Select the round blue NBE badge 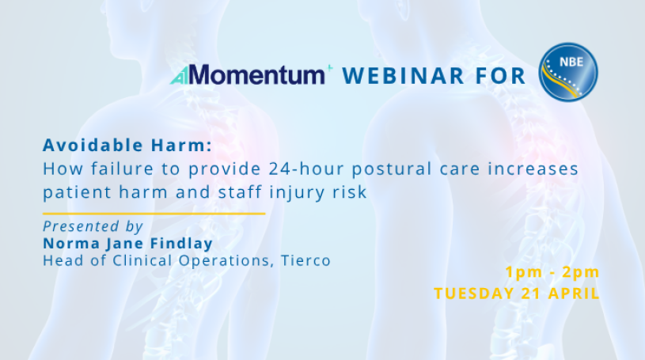tap(568, 73)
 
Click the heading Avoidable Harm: tap(127, 146)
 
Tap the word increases tap(533, 169)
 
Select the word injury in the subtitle tap(297, 193)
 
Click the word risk tap(350, 192)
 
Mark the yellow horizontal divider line tap(154, 214)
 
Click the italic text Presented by tap(93, 227)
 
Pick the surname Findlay tap(181, 244)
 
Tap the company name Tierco tap(305, 261)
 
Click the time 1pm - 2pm tap(552, 272)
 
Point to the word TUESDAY tap(474, 294)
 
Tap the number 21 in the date tap(531, 294)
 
